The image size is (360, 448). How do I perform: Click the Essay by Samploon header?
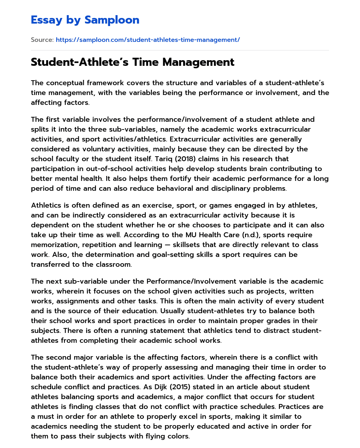click(85, 20)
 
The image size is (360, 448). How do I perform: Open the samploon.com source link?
click(148, 40)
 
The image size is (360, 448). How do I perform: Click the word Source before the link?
click(42, 40)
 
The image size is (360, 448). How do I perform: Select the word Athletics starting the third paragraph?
click(46, 205)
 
